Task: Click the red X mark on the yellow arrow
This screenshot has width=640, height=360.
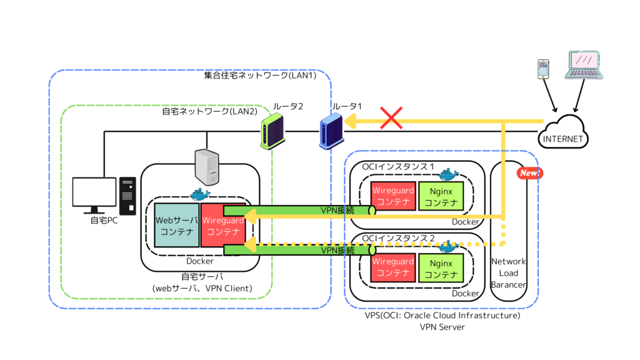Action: tap(391, 119)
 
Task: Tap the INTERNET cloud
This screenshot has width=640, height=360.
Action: tap(563, 133)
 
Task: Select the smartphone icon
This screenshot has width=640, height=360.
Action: tap(544, 68)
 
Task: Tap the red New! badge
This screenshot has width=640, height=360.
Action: tap(529, 173)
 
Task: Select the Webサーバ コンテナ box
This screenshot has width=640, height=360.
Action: tap(177, 226)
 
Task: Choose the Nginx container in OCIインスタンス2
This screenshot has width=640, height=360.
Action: tap(441, 267)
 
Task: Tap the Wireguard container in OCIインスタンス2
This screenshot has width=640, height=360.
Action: tap(393, 267)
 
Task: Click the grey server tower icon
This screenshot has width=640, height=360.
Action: tap(207, 167)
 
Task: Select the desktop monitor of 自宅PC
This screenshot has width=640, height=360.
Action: tap(94, 194)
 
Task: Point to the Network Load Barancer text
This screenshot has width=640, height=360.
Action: tap(508, 273)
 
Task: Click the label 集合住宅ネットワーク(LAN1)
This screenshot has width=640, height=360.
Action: tap(260, 76)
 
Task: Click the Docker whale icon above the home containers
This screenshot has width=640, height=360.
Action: tap(200, 194)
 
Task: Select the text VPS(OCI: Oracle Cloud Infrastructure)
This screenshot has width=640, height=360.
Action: tap(442, 316)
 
